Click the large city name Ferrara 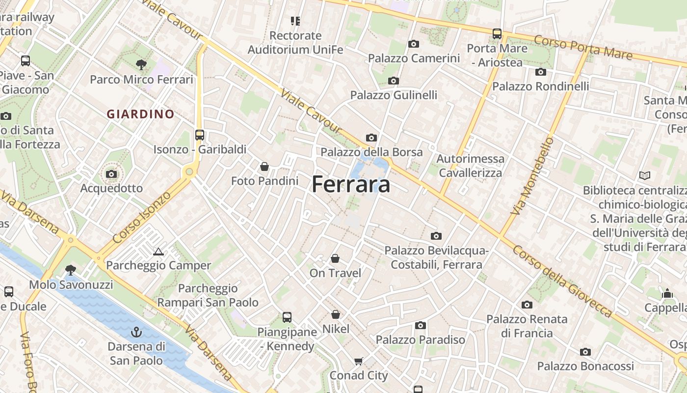tap(351, 185)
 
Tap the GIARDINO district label tap(141, 114)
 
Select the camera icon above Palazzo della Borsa tap(371, 138)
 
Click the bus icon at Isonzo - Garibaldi tap(200, 135)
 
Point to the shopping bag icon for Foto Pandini tap(264, 167)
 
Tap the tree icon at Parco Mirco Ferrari tap(141, 64)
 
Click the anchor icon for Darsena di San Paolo tap(136, 333)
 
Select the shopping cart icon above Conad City tap(359, 362)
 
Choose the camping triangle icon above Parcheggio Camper tap(158, 252)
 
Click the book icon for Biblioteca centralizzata tap(645, 175)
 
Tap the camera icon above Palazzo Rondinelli tap(541, 72)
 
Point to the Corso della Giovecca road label tap(562, 281)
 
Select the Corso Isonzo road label tap(142, 217)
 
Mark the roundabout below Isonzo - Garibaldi tap(189, 172)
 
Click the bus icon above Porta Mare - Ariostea tap(497, 34)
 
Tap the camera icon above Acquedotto tap(111, 174)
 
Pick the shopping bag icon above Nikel tap(336, 314)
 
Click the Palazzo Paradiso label tap(421, 339)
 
